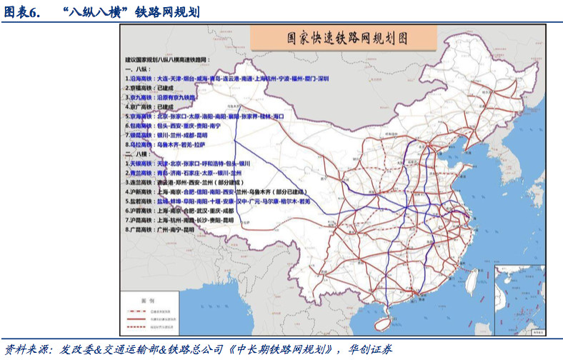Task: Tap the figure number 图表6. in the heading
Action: point(21,11)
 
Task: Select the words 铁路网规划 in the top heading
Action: point(166,11)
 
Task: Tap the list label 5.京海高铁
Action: point(139,115)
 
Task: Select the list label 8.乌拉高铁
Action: point(139,144)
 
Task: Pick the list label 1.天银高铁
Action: point(139,164)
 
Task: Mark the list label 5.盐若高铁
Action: point(139,201)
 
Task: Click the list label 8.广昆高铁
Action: point(139,230)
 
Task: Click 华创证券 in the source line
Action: point(371,350)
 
